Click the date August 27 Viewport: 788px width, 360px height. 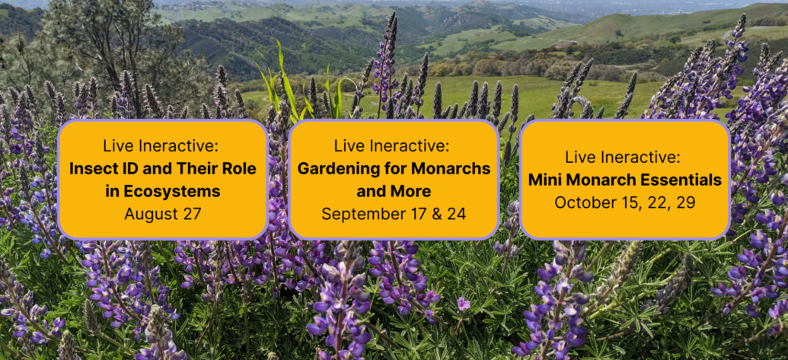[x=163, y=214]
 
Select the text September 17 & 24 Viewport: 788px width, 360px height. [x=394, y=214]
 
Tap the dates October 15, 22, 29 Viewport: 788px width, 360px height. [x=624, y=202]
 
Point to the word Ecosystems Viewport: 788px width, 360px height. [x=171, y=191]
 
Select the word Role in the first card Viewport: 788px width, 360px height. [x=240, y=169]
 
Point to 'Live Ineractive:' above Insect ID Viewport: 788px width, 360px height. [x=163, y=146]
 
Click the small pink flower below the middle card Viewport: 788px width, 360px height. [x=463, y=304]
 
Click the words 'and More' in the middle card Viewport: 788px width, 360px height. [x=394, y=191]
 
